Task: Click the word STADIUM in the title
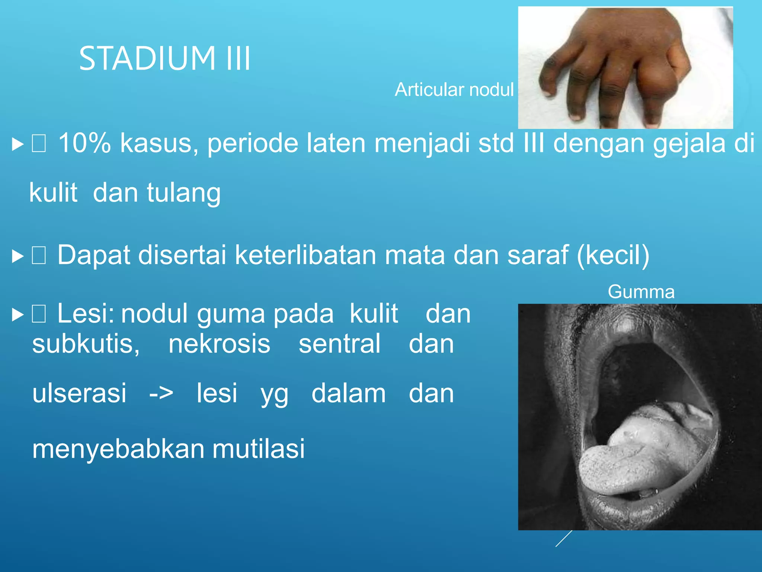[x=147, y=58]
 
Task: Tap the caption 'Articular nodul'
[x=454, y=90]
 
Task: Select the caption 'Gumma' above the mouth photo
[x=641, y=292]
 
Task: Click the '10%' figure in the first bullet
[x=84, y=143]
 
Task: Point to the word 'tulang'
[x=184, y=193]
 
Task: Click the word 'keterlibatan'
[x=305, y=255]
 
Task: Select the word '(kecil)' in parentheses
[x=613, y=255]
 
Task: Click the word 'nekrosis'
[x=220, y=344]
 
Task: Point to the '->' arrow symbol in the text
[x=161, y=393]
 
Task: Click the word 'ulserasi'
[x=79, y=393]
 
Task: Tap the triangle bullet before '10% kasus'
[x=18, y=144]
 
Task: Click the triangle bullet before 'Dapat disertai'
[x=18, y=256]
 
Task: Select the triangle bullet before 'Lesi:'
[x=18, y=315]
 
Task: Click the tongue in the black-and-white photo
[x=640, y=454]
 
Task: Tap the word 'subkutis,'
[x=86, y=344]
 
